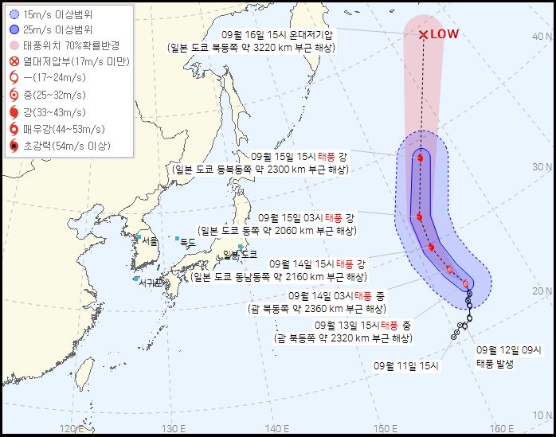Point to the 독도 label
tap(187, 241)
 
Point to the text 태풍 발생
tap(496, 363)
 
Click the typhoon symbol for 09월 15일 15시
tap(420, 158)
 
